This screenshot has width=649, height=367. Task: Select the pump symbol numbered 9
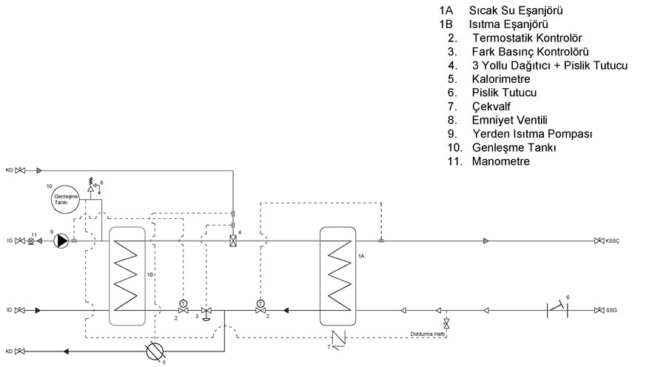point(61,240)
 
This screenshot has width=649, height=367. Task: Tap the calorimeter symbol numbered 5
point(155,351)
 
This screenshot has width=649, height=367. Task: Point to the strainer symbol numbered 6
point(557,309)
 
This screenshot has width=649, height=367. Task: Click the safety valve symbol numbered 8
point(90,187)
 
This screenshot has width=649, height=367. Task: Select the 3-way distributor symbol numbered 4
point(233,240)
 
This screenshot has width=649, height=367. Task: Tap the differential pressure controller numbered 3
point(206,313)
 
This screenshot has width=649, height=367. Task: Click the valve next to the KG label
point(20,170)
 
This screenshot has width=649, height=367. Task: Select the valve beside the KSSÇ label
point(599,240)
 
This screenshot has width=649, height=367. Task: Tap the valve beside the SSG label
point(599,310)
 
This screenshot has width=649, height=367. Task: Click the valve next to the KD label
point(19,351)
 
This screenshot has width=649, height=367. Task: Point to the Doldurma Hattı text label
point(428,334)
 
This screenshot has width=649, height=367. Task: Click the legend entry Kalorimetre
point(501,79)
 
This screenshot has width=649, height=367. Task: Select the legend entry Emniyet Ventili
point(510,120)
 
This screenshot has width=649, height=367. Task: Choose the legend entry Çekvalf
point(491,107)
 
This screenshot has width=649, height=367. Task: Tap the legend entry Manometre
point(501,161)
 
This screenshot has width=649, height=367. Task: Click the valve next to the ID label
point(19,310)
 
